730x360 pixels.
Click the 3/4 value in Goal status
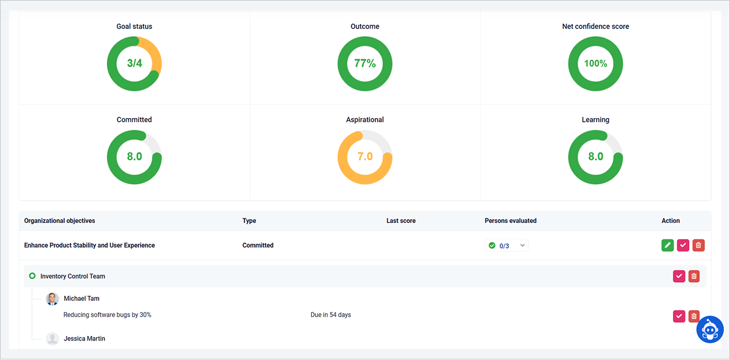pyautogui.click(x=134, y=63)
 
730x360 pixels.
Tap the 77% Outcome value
pyautogui.click(x=365, y=63)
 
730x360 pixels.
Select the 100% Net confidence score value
pyautogui.click(x=595, y=63)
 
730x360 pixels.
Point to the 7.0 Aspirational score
pyautogui.click(x=365, y=156)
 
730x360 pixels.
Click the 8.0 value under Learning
pyautogui.click(x=595, y=156)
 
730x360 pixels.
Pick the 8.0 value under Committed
pyautogui.click(x=134, y=156)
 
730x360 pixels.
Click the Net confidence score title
pyautogui.click(x=595, y=26)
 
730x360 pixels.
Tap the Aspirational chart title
pyautogui.click(x=365, y=119)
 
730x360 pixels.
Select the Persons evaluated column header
pyautogui.click(x=510, y=220)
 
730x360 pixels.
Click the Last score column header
pyautogui.click(x=401, y=220)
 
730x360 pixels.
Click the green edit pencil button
pyautogui.click(x=668, y=246)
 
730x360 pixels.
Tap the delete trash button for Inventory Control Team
pyautogui.click(x=694, y=276)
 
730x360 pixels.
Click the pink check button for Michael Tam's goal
pyautogui.click(x=679, y=316)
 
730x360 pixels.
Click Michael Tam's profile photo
pyautogui.click(x=53, y=299)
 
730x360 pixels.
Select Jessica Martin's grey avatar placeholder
pyautogui.click(x=53, y=339)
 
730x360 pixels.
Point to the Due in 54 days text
pyautogui.click(x=331, y=315)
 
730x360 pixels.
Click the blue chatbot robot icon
pyautogui.click(x=710, y=330)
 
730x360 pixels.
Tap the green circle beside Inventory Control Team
pyautogui.click(x=32, y=276)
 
